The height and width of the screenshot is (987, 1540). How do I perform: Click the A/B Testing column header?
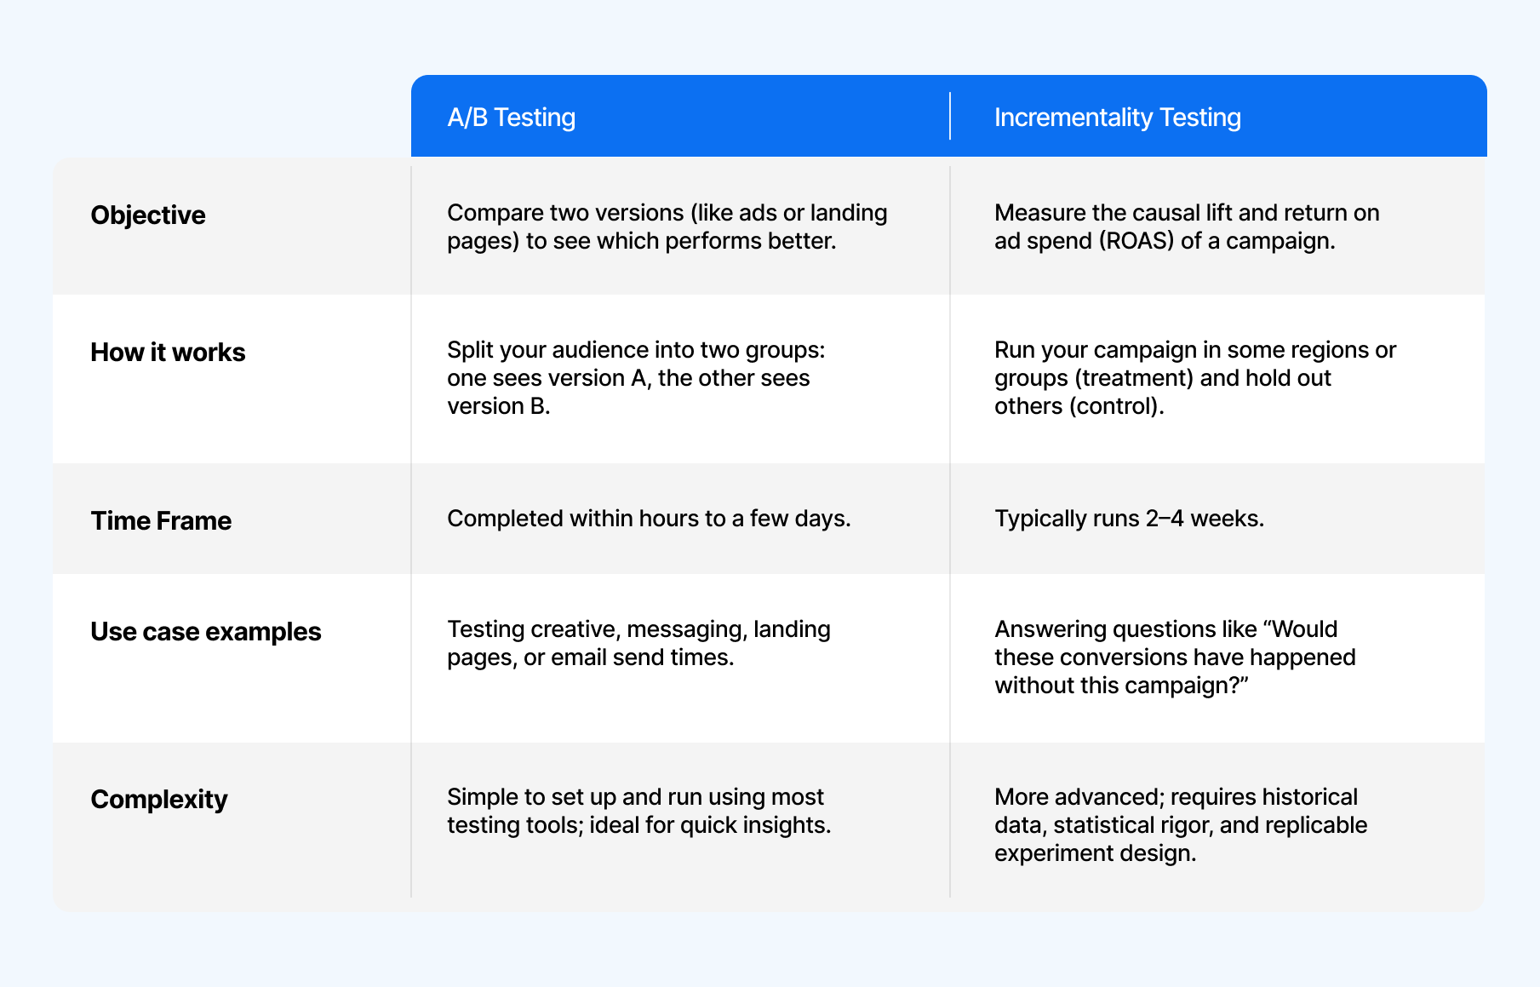click(512, 118)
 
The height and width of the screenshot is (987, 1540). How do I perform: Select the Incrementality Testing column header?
click(1117, 118)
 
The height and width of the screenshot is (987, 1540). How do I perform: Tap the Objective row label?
click(148, 215)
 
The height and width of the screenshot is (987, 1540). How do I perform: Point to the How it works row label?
click(168, 353)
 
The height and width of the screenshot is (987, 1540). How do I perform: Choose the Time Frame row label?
click(161, 521)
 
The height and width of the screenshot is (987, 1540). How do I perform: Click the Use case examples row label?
click(206, 632)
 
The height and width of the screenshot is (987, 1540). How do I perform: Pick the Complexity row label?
click(159, 800)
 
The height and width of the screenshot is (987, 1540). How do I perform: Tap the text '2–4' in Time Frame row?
click(1165, 519)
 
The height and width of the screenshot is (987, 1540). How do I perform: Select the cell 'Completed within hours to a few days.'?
click(649, 519)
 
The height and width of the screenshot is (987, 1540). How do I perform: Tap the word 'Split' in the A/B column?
click(470, 350)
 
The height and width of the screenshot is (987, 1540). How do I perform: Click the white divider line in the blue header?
click(950, 116)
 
